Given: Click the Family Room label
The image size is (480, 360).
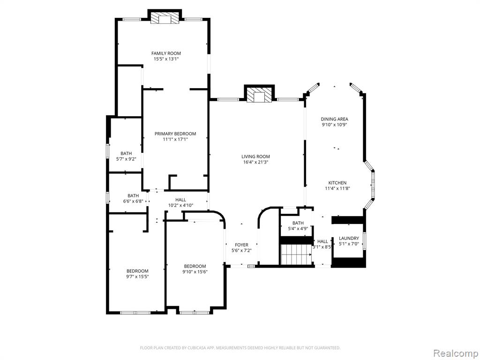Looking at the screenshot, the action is [166, 53].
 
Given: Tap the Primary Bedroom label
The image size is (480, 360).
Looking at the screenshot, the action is [175, 134].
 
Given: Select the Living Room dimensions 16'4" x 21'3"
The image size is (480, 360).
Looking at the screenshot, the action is [255, 162].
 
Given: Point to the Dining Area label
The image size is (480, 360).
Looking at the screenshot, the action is [334, 119].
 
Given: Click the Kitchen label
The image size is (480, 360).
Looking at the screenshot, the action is [337, 183].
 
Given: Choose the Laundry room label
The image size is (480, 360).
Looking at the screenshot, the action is [349, 238].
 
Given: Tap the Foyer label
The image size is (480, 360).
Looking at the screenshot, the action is [241, 245].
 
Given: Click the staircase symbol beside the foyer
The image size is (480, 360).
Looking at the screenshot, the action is [296, 255].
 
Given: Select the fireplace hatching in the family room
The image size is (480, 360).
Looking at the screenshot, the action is [165, 18].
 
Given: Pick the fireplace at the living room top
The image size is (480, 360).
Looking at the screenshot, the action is [259, 95].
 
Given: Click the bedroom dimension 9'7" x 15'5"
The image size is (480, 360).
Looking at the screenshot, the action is [137, 277].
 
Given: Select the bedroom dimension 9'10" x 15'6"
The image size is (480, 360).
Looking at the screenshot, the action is [195, 271].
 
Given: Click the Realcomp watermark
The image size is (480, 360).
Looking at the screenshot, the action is [455, 353].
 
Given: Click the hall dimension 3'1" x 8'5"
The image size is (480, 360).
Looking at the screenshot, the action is [322, 247].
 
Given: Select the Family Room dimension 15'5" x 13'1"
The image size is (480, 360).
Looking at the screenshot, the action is [166, 59].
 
